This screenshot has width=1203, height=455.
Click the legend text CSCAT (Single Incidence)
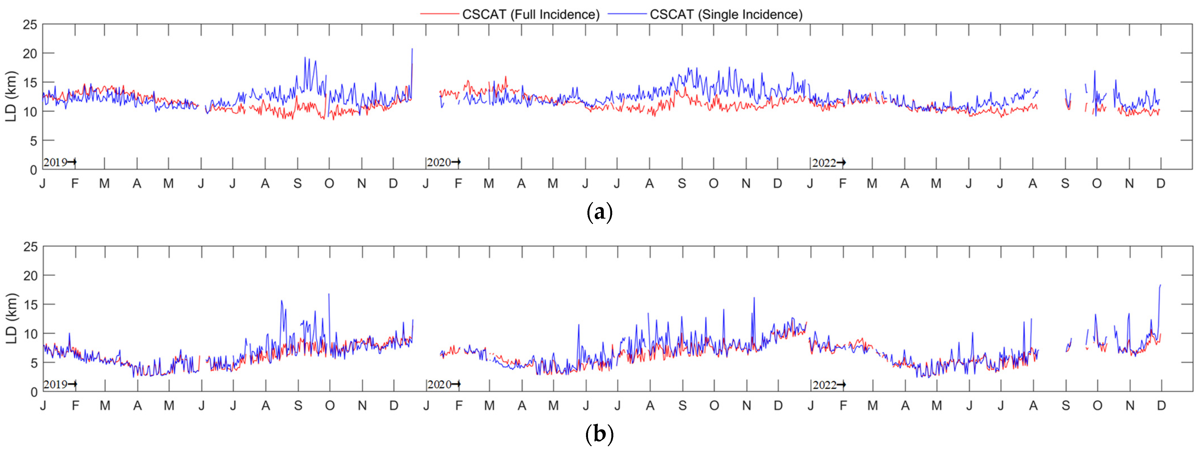(x=726, y=14)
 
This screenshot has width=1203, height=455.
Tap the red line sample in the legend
(x=439, y=14)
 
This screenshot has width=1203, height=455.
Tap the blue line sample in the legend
(x=627, y=14)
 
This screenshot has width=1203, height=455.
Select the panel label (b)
(x=599, y=434)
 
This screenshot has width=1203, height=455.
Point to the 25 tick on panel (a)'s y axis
(x=30, y=25)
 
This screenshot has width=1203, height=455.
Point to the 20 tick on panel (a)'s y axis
(x=30, y=54)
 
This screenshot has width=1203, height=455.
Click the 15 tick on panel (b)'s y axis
(x=30, y=304)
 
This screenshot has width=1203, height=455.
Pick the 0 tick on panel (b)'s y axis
(x=34, y=392)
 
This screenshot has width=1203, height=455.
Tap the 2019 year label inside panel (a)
(x=55, y=162)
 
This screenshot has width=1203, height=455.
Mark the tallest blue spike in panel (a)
(x=412, y=49)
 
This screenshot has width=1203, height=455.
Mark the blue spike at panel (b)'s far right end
(x=1160, y=286)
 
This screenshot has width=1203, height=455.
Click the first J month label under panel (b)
(x=43, y=405)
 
